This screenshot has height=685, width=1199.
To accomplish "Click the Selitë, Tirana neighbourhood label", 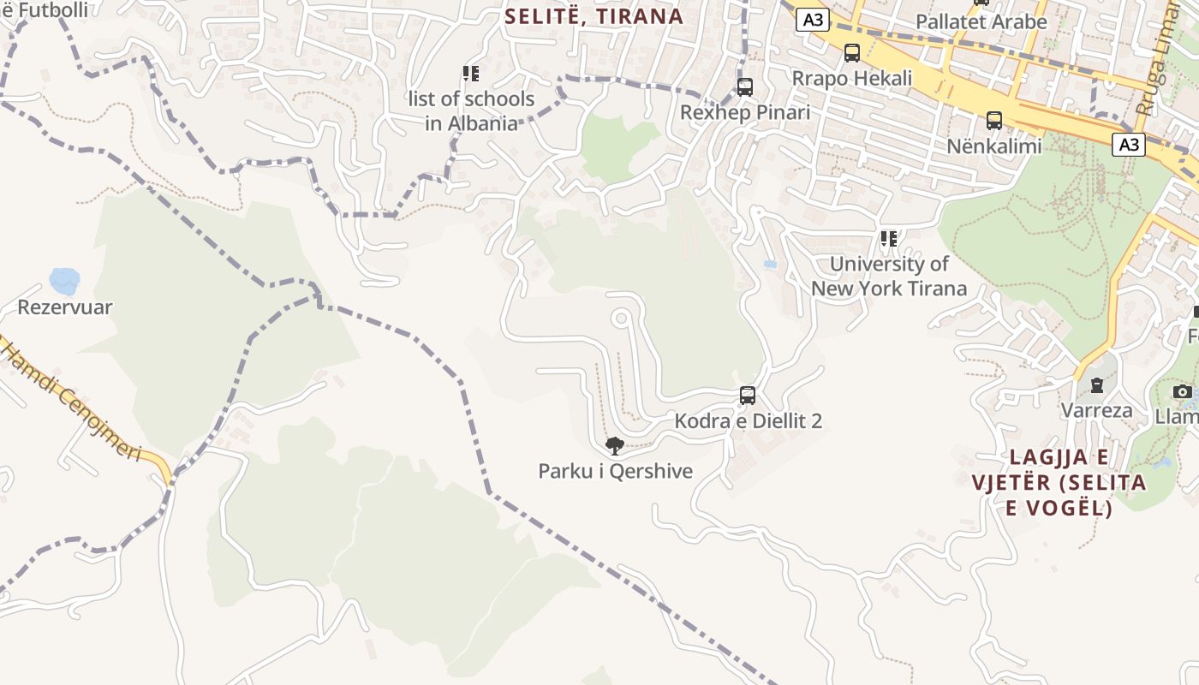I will coord(594,16).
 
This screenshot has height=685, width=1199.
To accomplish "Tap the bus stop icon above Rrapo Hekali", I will coord(852,53).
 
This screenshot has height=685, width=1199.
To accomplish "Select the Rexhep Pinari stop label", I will coord(744,112).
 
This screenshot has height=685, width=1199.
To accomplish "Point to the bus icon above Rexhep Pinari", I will coord(745,87).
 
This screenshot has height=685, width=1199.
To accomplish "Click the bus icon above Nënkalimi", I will coord(994,121).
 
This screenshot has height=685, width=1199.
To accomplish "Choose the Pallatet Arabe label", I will coord(981,22).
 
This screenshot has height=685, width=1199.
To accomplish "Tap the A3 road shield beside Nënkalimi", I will coord(1130,145).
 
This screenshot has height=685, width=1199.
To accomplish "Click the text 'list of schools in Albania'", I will coord(472,111).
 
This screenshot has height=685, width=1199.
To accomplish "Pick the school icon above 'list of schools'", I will coord(471,74).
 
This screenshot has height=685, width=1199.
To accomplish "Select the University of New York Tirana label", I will coord(889,276).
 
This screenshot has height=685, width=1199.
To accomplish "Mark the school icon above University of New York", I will coord(889,239).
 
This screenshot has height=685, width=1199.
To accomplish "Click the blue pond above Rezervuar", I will coord(64,280).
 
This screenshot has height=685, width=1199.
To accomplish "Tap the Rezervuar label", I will coord(65,307).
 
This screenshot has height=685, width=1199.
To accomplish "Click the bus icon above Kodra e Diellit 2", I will coord(748,396).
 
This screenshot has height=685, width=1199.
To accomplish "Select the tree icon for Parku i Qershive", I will coord(614,445).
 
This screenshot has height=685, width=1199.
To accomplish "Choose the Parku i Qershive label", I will coord(615,471).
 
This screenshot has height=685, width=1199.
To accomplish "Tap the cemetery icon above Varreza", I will coord(1096,385).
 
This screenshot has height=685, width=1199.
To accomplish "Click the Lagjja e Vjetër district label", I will coord(1059,482).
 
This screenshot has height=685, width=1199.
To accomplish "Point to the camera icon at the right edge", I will coord(1183,392).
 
